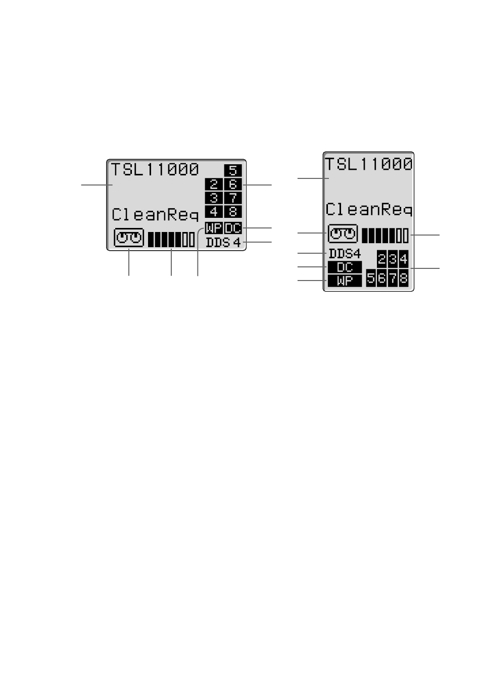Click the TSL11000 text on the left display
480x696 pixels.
pyautogui.click(x=155, y=170)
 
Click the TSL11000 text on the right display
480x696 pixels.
pyautogui.click(x=368, y=164)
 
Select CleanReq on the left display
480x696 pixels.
pyautogui.click(x=155, y=214)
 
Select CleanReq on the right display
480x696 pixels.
pyautogui.click(x=369, y=209)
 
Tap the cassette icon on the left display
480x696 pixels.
pyautogui.click(x=129, y=238)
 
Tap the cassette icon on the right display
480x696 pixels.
pyautogui.click(x=343, y=234)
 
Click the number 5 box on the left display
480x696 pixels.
pyautogui.click(x=233, y=170)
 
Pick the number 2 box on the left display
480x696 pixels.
pyautogui.click(x=214, y=184)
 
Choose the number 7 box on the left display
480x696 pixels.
pyautogui.click(x=233, y=198)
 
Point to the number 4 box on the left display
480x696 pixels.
pyautogui.click(x=214, y=212)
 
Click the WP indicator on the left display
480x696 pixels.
pyautogui.click(x=214, y=228)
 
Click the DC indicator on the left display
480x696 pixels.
pyautogui.click(x=233, y=228)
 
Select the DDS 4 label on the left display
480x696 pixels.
pyautogui.click(x=223, y=242)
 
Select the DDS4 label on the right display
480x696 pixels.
pyautogui.click(x=345, y=254)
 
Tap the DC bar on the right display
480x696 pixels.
pyautogui.click(x=345, y=267)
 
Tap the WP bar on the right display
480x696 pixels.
pyautogui.click(x=345, y=281)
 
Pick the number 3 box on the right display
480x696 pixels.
pyautogui.click(x=393, y=259)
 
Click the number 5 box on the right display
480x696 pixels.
pyautogui.click(x=371, y=278)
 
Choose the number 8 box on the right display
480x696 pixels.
pyautogui.click(x=404, y=278)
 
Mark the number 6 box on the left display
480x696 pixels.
pyautogui.click(x=233, y=184)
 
